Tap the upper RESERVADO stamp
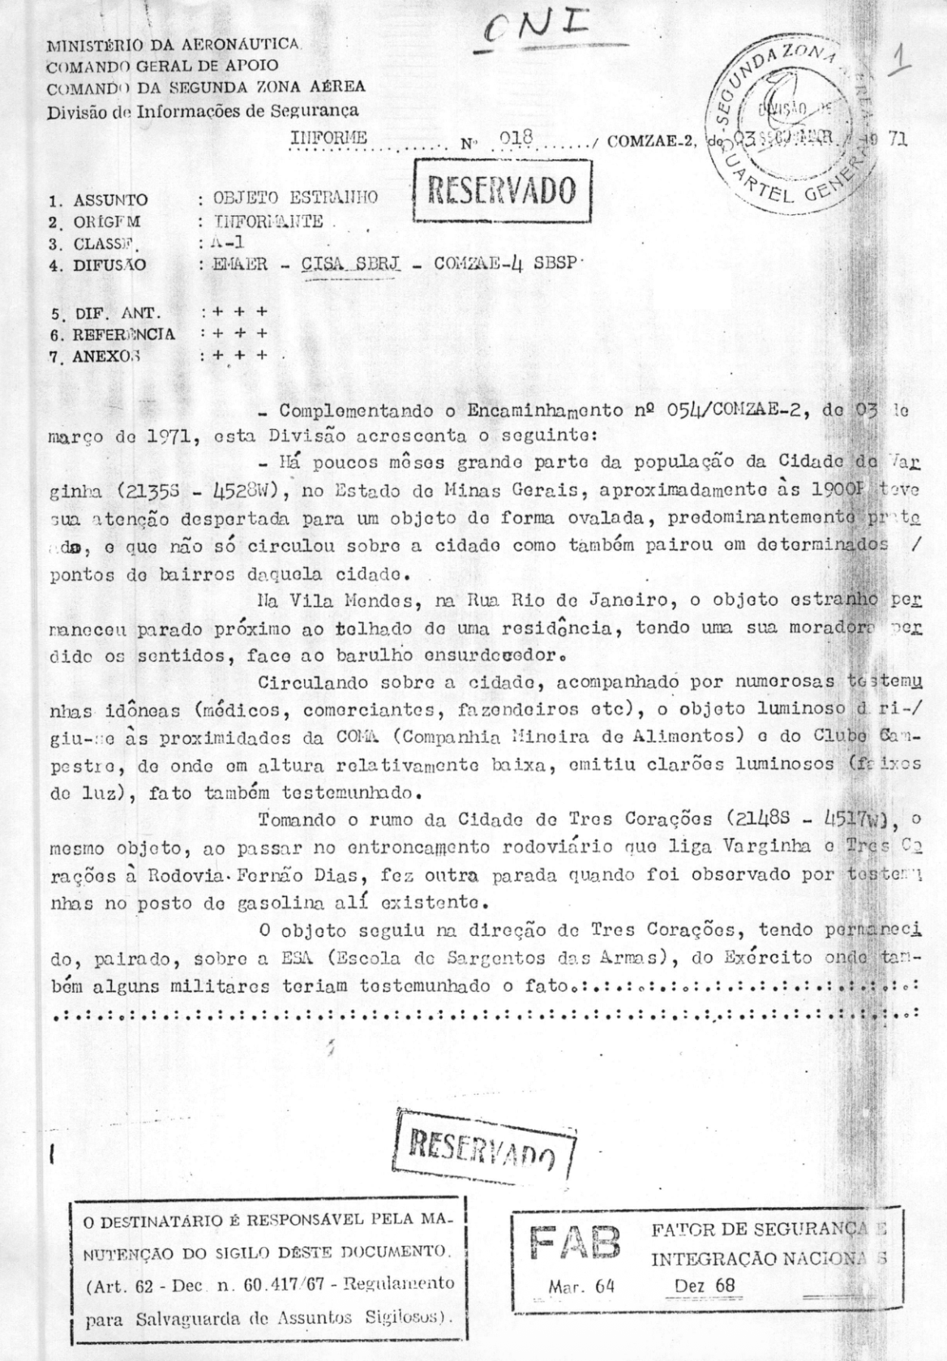point(502,191)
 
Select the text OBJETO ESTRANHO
point(295,197)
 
